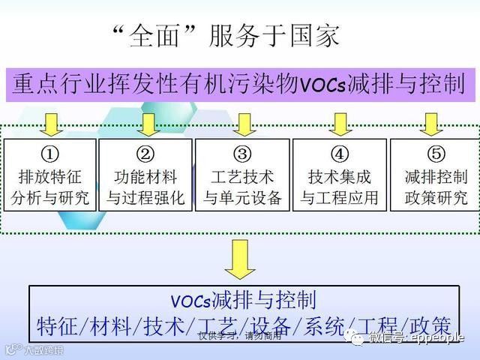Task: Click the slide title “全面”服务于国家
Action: (223, 35)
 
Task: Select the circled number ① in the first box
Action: (50, 154)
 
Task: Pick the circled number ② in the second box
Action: (145, 154)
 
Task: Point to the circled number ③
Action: (242, 154)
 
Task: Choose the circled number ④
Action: (339, 154)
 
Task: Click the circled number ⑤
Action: (435, 154)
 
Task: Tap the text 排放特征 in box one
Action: (50, 178)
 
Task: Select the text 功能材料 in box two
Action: (145, 178)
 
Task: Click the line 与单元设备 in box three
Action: (242, 199)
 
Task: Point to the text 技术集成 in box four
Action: (339, 178)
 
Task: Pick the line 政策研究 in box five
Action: (435, 199)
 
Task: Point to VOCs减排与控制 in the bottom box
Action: (241, 301)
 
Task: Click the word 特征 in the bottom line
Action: (58, 326)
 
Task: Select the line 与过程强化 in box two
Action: (145, 199)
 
